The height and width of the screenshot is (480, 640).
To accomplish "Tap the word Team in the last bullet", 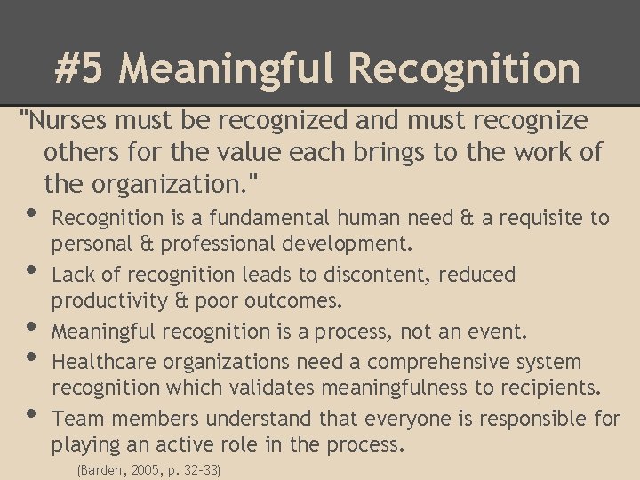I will [x=76, y=418].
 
